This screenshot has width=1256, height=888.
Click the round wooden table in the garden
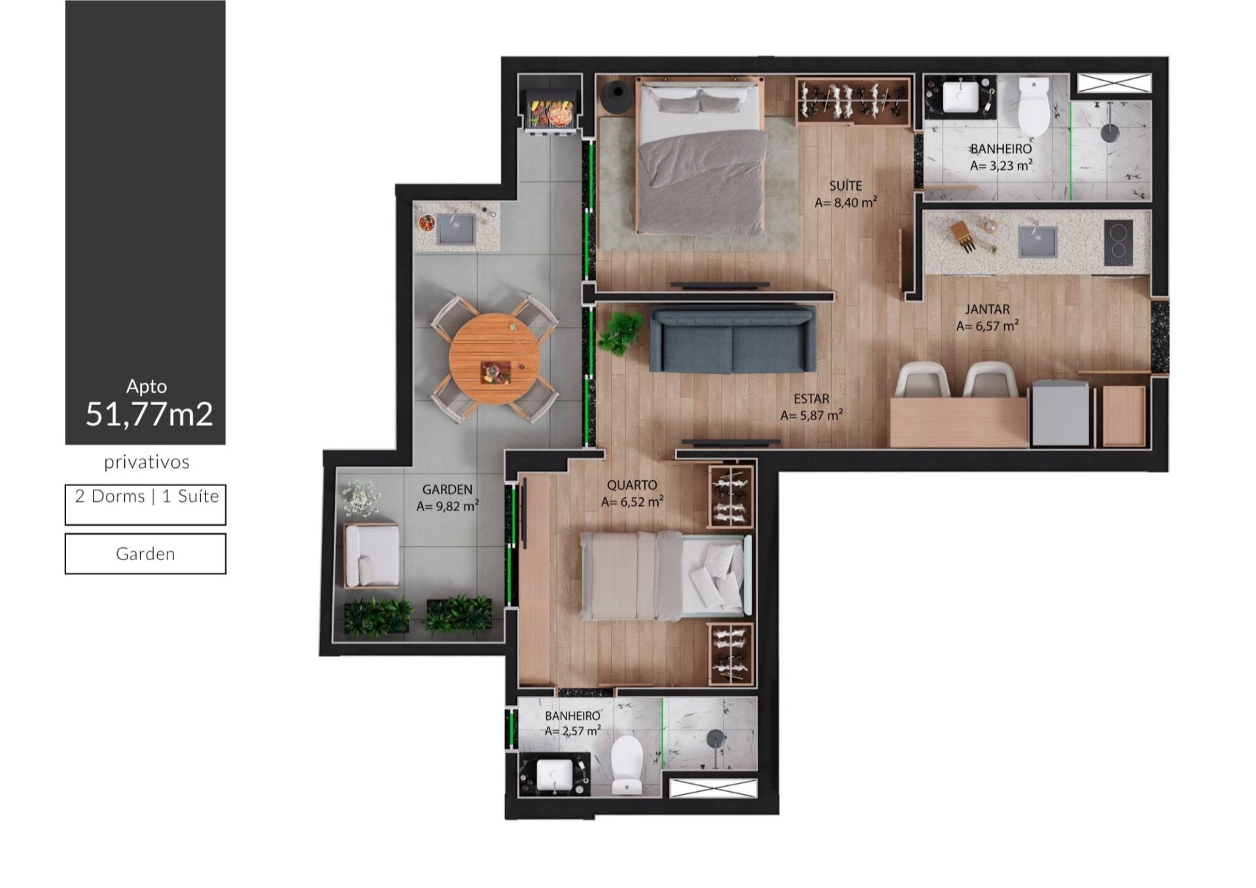495,359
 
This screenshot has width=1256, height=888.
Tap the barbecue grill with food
552,113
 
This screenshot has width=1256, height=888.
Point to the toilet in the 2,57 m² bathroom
627,765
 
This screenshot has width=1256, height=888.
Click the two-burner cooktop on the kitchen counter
1119,243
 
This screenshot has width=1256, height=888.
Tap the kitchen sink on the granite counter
1037,241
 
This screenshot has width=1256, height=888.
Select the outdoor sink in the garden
456,229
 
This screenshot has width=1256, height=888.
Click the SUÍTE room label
846,186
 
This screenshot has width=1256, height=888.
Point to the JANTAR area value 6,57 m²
987,326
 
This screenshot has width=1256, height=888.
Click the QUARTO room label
632,485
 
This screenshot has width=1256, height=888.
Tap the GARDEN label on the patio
447,489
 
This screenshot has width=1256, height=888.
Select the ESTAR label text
811,399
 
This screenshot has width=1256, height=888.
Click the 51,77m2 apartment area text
149,414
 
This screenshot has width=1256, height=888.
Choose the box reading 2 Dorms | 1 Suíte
146,505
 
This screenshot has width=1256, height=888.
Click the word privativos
147,463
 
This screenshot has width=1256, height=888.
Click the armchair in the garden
372,555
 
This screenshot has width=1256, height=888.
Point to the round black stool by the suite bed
616,96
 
